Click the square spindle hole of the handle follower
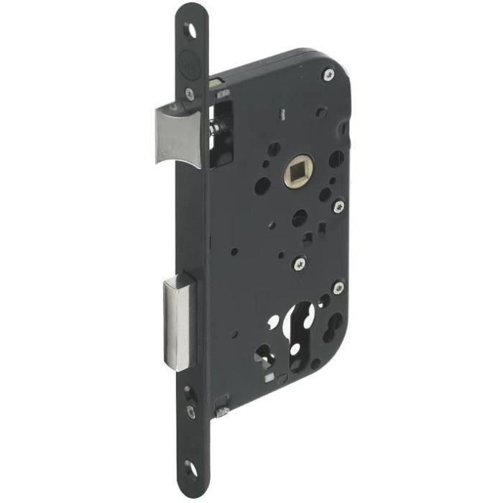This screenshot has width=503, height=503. (296, 175)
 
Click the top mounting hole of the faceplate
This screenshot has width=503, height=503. (191, 29)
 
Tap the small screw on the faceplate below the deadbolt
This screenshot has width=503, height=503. (190, 411)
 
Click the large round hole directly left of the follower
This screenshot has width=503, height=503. (262, 185)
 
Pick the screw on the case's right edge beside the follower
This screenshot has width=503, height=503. (338, 206)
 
